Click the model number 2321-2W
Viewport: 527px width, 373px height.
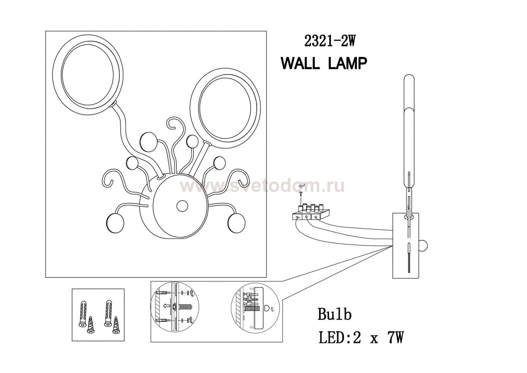(x=329, y=42)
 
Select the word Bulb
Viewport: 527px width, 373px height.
(x=334, y=314)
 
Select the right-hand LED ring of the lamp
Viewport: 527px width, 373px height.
(x=226, y=108)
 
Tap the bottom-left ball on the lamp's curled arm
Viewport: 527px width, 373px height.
(x=115, y=222)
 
